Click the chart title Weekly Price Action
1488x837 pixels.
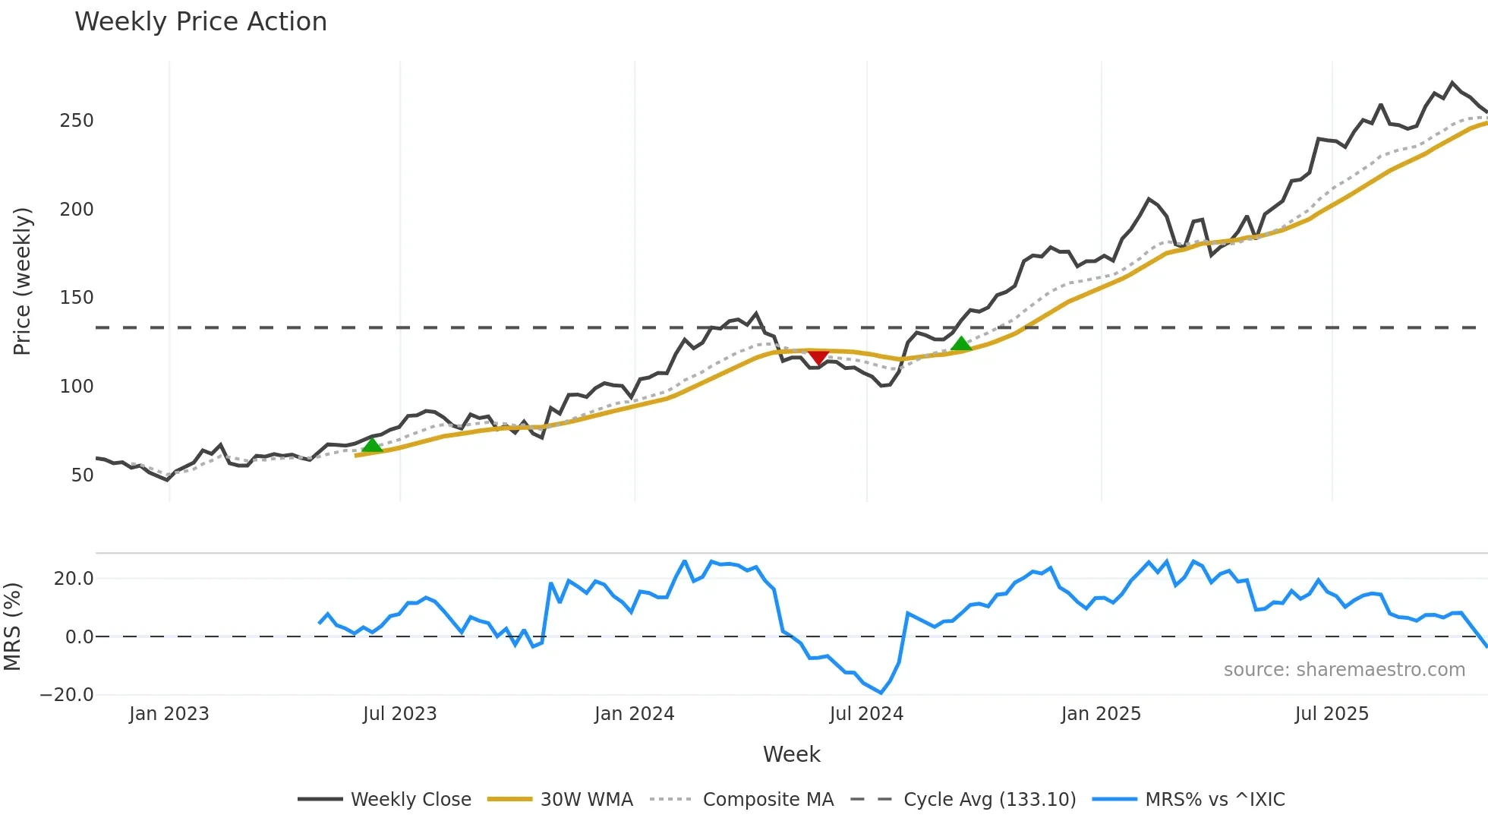click(x=200, y=22)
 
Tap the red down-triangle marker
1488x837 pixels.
click(x=818, y=357)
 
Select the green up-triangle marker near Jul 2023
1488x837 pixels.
click(x=372, y=445)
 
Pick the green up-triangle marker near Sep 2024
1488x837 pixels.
click(x=961, y=344)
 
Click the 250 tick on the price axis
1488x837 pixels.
click(x=77, y=121)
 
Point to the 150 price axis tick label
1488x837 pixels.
click(x=77, y=298)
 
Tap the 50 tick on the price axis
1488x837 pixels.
click(x=82, y=475)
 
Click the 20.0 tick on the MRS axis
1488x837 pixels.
click(x=74, y=579)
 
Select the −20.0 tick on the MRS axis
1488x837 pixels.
click(x=68, y=695)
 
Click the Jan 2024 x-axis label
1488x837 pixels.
click(x=634, y=714)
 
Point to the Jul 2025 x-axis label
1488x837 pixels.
click(x=1332, y=714)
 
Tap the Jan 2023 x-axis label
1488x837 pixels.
click(x=169, y=714)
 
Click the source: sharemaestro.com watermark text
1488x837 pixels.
click(x=1344, y=670)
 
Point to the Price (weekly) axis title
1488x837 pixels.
click(x=22, y=281)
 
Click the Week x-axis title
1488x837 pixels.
click(x=791, y=754)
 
